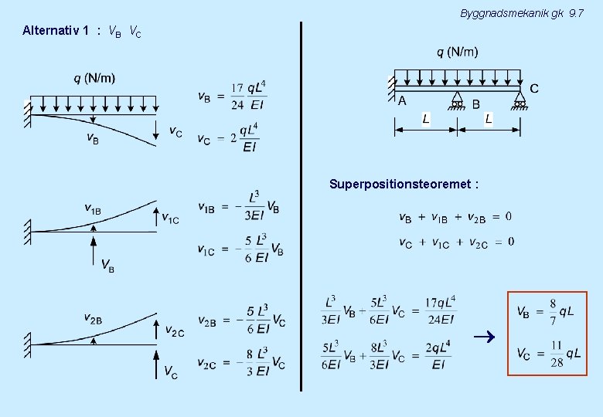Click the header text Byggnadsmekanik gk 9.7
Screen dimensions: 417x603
521,13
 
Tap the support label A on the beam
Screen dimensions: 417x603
402,100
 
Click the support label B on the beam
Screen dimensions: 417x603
475,103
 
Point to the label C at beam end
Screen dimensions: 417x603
534,89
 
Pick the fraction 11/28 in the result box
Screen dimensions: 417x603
557,354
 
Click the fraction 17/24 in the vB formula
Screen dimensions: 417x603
237,97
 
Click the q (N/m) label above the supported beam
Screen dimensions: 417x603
458,52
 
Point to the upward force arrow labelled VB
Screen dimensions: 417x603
94,247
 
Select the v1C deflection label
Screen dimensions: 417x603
170,219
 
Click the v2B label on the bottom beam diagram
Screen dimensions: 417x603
93,317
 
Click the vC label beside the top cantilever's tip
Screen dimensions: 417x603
175,131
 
